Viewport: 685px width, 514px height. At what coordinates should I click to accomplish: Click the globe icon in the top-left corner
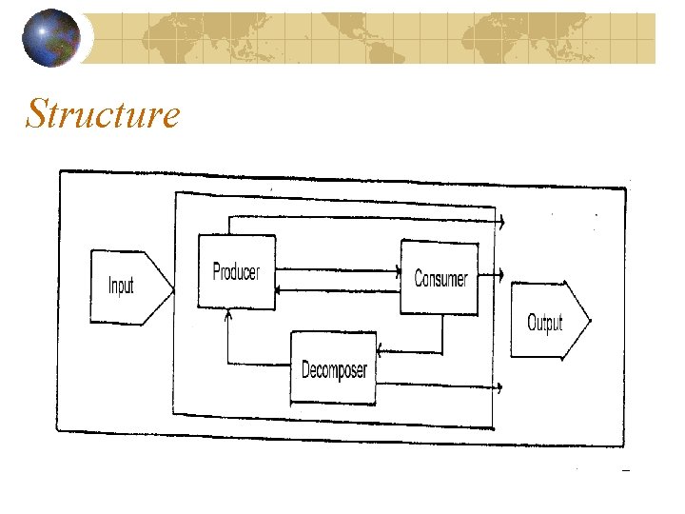[52, 37]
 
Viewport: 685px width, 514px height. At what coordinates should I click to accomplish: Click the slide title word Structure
[103, 114]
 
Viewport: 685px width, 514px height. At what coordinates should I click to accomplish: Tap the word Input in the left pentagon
[121, 285]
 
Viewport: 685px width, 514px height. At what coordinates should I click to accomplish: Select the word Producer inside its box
[236, 272]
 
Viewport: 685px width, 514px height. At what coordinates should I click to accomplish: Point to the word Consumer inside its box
[440, 279]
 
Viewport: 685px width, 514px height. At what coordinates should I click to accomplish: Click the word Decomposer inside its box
[334, 370]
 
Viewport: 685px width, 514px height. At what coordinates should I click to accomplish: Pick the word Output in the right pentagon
[545, 323]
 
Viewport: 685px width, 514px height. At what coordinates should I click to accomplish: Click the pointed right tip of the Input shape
[172, 288]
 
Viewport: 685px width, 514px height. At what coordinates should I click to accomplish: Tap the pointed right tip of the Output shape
[589, 321]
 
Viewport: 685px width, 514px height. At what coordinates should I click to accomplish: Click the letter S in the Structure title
[39, 114]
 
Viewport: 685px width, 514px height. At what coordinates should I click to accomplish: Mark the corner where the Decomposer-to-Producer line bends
[227, 363]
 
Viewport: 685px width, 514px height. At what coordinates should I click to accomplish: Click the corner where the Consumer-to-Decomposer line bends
[442, 347]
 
